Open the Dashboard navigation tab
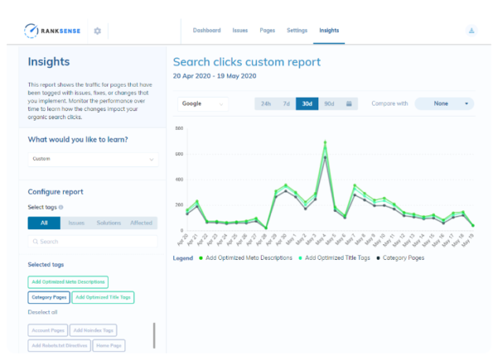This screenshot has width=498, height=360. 206,31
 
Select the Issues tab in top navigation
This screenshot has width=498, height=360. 240,31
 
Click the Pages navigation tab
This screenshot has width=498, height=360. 267,31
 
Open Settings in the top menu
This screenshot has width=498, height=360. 296,31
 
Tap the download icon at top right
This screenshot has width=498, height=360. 471,31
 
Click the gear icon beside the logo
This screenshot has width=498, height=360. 97,31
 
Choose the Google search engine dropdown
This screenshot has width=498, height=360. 203,103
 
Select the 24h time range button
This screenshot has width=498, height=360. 266,103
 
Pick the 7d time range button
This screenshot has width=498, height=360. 286,103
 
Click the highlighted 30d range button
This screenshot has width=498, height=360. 307,103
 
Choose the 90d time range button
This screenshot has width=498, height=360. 329,103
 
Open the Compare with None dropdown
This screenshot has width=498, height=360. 444,103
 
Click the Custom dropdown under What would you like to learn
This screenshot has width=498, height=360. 93,159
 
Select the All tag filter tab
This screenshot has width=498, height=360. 43,224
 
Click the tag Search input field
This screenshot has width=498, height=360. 93,242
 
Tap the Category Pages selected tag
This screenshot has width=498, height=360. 49,298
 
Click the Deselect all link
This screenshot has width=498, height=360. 43,313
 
